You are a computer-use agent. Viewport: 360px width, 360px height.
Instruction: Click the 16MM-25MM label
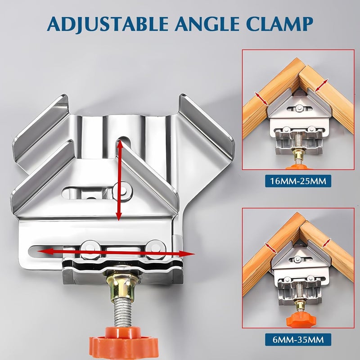[x=298, y=182]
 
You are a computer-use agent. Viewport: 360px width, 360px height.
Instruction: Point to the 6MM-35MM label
[x=298, y=337]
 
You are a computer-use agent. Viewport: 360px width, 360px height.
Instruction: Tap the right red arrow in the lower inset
[x=326, y=243]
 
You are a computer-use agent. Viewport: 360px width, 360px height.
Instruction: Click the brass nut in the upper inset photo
[x=297, y=155]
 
